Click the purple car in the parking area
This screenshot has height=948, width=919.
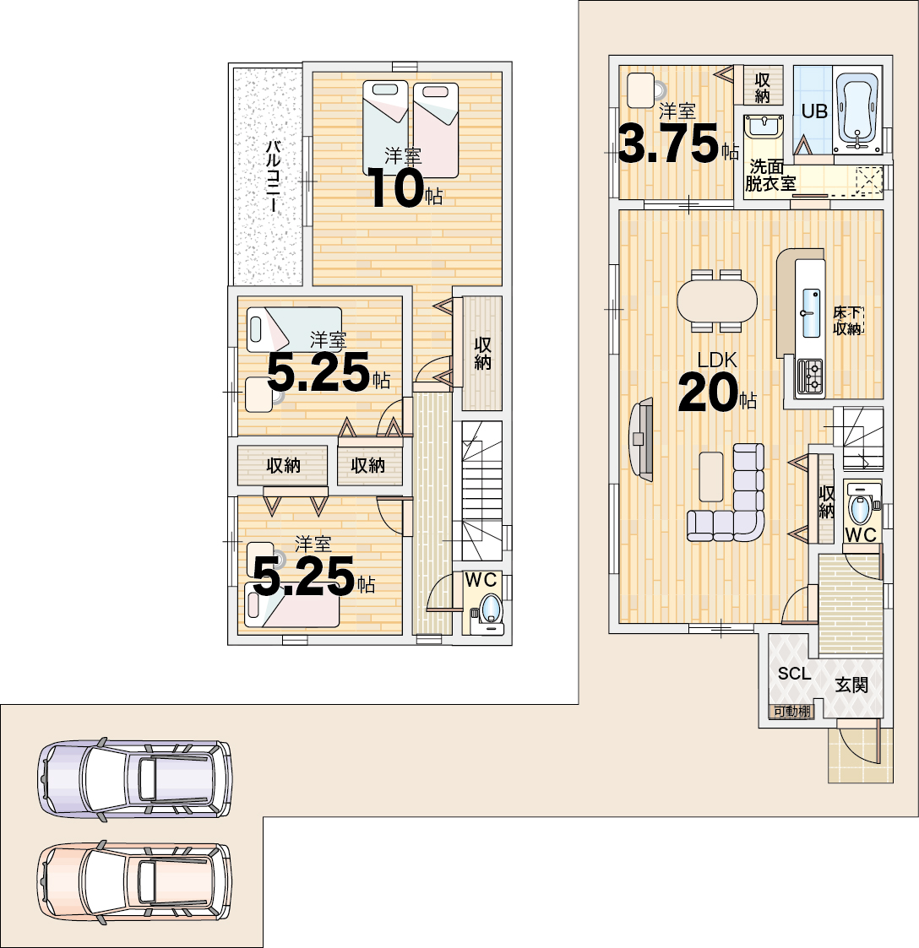tap(135, 778)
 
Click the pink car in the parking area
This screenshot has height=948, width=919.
tap(135, 882)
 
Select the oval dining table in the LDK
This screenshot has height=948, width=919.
tap(717, 301)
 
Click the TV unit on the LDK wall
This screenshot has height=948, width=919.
tap(641, 439)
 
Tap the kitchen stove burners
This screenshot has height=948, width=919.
tap(810, 378)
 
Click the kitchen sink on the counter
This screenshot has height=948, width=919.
tap(811, 312)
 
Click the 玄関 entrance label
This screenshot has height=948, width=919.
tap(851, 685)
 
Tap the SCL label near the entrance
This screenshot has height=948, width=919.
tap(794, 674)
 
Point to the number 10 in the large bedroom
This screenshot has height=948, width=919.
tap(395, 188)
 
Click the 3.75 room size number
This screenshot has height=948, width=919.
tap(668, 144)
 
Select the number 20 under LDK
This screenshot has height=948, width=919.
tap(707, 393)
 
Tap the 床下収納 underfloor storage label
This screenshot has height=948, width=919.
tap(847, 321)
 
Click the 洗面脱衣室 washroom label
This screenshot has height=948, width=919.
tap(769, 175)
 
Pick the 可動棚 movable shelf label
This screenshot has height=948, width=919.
tap(791, 712)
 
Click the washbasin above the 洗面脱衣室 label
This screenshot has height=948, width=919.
tap(764, 128)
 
